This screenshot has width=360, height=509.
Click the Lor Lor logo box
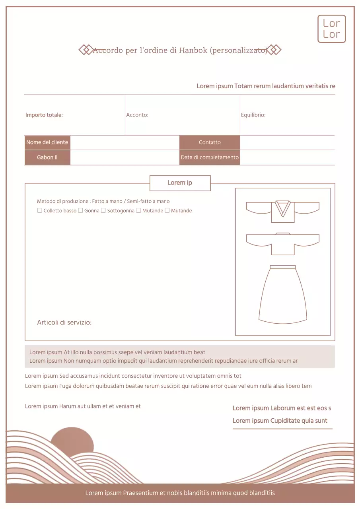[331, 29]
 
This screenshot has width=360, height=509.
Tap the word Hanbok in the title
[193, 51]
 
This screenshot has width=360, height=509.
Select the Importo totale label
[44, 115]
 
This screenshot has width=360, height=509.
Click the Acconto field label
[137, 115]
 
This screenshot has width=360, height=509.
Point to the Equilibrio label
[253, 115]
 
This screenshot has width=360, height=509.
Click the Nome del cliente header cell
[47, 142]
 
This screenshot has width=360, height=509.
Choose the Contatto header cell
[210, 142]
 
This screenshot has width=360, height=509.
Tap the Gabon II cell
[47, 157]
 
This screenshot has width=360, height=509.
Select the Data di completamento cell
[210, 157]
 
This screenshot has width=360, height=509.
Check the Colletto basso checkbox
[39, 210]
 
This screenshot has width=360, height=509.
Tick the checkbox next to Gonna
[80, 210]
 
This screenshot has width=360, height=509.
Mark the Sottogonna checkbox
[103, 210]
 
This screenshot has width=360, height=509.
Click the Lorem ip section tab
[180, 183]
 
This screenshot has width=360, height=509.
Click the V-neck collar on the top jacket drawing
[283, 208]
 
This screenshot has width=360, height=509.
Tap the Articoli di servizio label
[64, 322]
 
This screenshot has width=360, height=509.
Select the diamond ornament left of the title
[86, 50]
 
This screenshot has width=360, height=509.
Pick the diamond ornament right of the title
[274, 50]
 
